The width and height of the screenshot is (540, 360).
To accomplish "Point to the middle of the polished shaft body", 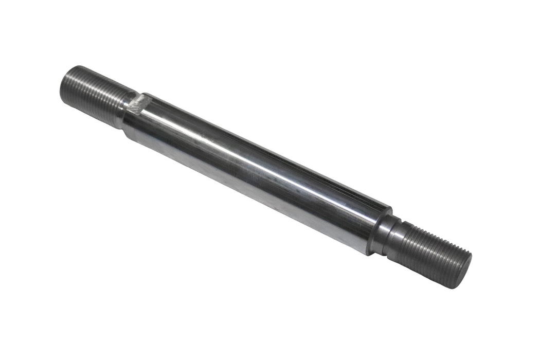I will (257, 172).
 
